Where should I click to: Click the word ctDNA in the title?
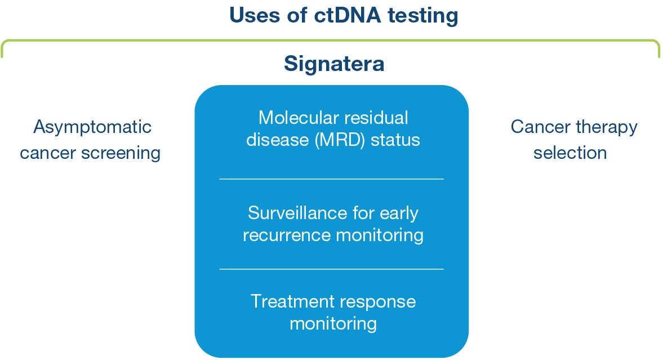point(348,15)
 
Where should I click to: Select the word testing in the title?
point(423,16)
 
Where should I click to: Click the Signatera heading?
point(334,64)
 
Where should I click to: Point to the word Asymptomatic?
point(92,127)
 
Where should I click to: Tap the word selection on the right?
point(570,153)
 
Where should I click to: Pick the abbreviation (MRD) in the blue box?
point(340,140)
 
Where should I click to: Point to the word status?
point(395,140)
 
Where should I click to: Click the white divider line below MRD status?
point(331,179)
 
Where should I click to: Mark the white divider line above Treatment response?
point(331,269)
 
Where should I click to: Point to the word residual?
point(376,118)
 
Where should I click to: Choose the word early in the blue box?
point(399,214)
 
